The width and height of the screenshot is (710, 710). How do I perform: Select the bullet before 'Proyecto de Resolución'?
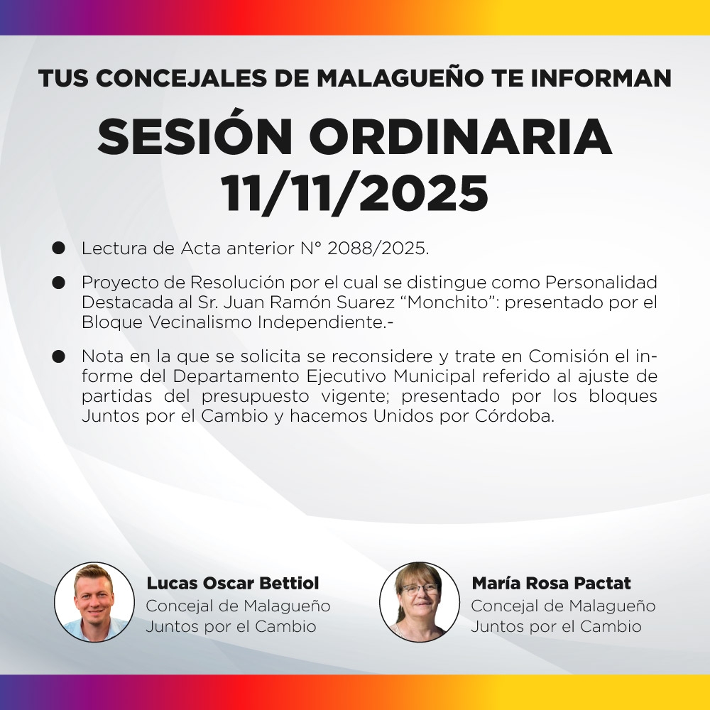pos(59,282)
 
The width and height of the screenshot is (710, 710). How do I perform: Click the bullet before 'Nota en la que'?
pos(59,356)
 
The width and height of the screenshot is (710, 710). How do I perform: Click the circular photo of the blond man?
pos(94,602)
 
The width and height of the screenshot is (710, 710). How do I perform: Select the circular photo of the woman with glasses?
pos(420,602)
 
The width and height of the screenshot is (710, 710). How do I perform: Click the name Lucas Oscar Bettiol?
pos(233,584)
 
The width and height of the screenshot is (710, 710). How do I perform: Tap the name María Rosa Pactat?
pos(551,584)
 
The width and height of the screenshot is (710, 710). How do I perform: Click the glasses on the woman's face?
pos(420,589)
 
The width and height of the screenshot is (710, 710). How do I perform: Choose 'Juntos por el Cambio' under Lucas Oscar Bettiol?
pos(231,627)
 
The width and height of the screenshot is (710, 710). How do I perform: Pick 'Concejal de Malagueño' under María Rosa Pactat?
pos(563,606)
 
